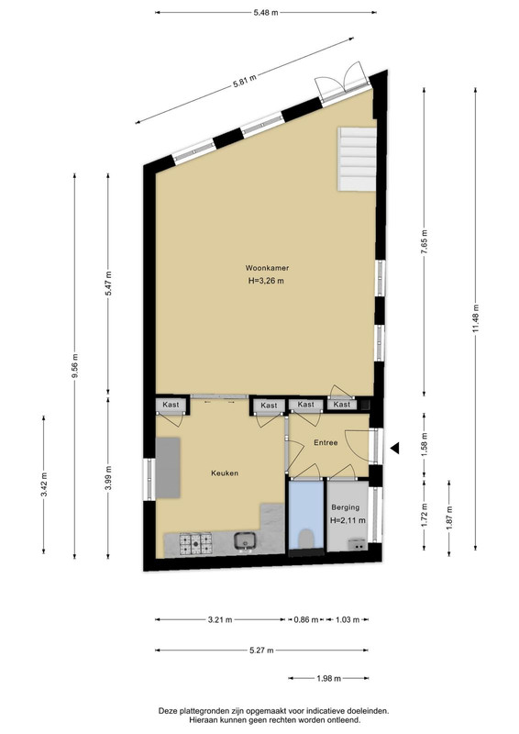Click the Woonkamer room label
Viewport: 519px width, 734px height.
(x=267, y=268)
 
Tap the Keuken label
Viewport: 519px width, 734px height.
(x=225, y=473)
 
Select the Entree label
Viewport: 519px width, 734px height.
(x=326, y=442)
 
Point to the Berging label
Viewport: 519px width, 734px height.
(x=346, y=507)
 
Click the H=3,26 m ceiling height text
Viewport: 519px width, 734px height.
(x=266, y=282)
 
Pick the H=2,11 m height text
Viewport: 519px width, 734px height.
(x=348, y=520)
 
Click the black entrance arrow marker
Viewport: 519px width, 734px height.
(x=394, y=448)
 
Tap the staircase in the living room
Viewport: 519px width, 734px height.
(x=357, y=159)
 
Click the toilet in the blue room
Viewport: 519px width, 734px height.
(x=306, y=539)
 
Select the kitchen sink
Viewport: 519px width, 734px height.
(x=245, y=541)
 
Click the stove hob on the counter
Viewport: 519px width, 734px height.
(x=195, y=543)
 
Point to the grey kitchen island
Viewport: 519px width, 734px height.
(x=168, y=468)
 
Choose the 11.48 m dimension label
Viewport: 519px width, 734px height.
(x=476, y=318)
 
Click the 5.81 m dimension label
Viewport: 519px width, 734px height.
(x=245, y=82)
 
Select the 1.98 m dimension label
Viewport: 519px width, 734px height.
(x=329, y=678)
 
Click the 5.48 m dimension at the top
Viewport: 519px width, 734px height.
(x=266, y=13)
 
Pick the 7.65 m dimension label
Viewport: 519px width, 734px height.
(x=425, y=242)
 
